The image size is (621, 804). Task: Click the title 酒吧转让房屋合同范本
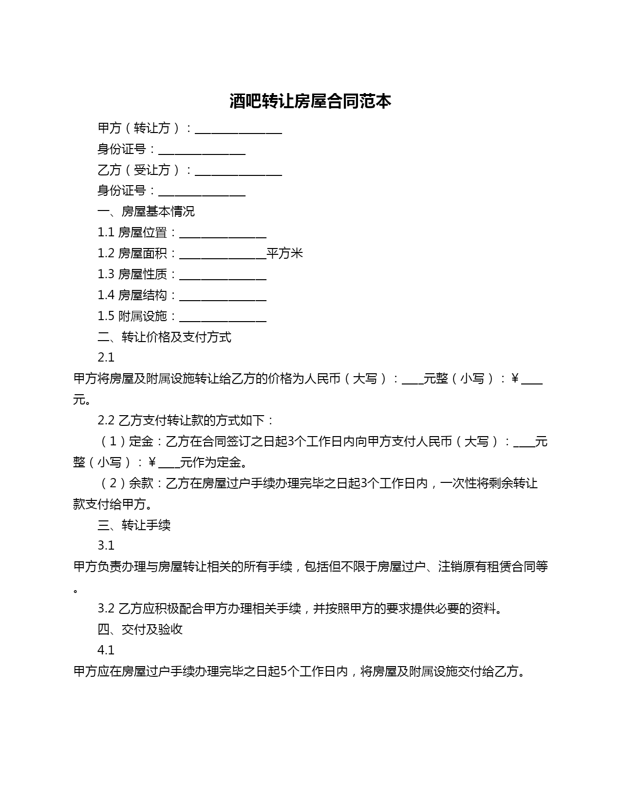(310, 101)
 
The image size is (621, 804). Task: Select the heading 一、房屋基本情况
(146, 211)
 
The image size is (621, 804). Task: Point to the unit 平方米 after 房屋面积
(285, 253)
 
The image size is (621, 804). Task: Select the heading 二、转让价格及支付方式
(165, 337)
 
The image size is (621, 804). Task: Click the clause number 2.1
(106, 358)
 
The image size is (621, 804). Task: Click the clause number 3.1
(106, 546)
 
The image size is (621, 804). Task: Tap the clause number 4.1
(106, 651)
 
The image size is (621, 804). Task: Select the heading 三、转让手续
(134, 525)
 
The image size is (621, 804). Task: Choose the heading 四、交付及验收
(140, 630)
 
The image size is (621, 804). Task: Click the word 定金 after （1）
(141, 442)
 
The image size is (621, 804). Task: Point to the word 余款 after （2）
(141, 483)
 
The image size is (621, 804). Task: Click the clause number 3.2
(106, 609)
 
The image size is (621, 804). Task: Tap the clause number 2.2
(106, 421)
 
